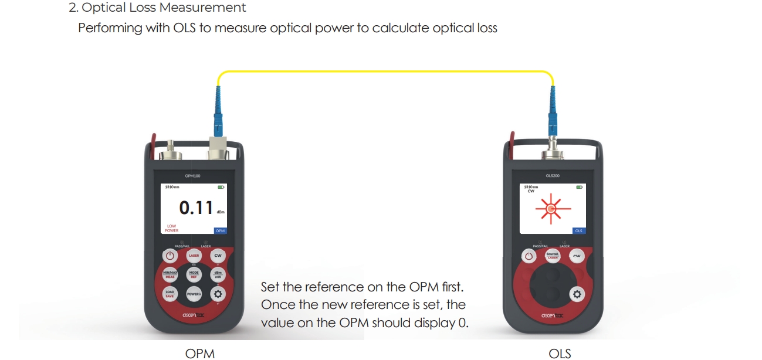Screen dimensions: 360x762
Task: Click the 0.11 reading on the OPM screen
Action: (x=196, y=208)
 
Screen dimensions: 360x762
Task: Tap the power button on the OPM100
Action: (x=170, y=256)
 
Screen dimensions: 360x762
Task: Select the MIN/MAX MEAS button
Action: (x=170, y=274)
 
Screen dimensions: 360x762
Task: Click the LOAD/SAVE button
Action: (x=170, y=294)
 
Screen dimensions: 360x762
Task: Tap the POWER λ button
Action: (x=194, y=294)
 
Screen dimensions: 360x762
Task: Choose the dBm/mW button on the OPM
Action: (x=218, y=274)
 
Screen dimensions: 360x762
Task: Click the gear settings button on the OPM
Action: (x=218, y=294)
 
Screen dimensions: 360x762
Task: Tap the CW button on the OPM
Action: (x=218, y=256)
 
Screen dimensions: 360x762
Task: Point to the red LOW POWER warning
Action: (x=172, y=228)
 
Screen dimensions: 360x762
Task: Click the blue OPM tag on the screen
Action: (x=220, y=231)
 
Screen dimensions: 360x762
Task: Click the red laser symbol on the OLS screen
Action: (x=550, y=208)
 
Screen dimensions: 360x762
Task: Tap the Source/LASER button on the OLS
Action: (x=553, y=256)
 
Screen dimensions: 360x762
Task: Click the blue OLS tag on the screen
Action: (x=579, y=231)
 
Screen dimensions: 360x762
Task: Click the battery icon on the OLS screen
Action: (x=580, y=187)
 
